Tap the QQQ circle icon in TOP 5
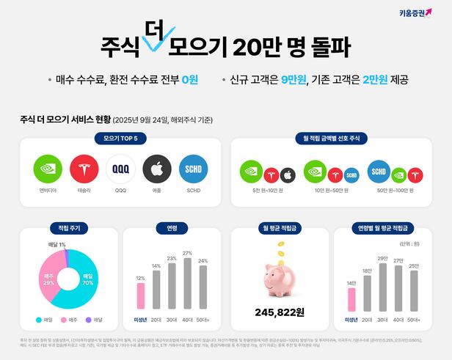click(120, 169)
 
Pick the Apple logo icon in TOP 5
click(156, 169)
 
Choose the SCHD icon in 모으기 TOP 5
click(193, 169)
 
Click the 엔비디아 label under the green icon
click(48, 190)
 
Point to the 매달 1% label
click(56, 244)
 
